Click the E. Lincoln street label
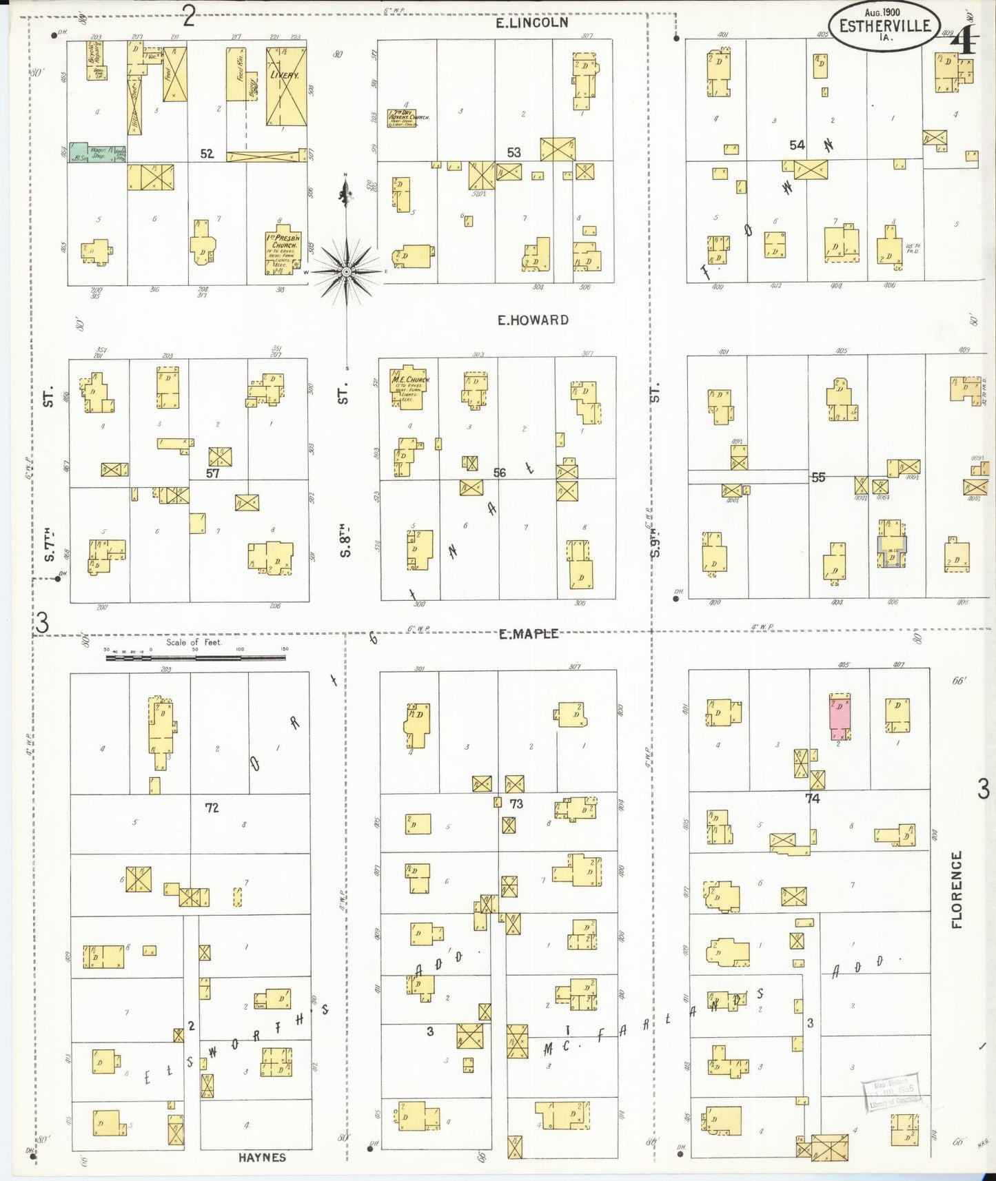click(533, 23)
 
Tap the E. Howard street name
click(533, 320)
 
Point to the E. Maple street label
click(529, 634)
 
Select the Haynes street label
click(262, 1157)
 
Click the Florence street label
click(957, 890)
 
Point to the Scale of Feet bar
click(195, 658)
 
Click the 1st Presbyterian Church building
click(283, 251)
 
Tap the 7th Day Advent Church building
click(408, 116)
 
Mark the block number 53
click(514, 152)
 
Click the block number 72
click(212, 807)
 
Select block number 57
click(212, 473)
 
